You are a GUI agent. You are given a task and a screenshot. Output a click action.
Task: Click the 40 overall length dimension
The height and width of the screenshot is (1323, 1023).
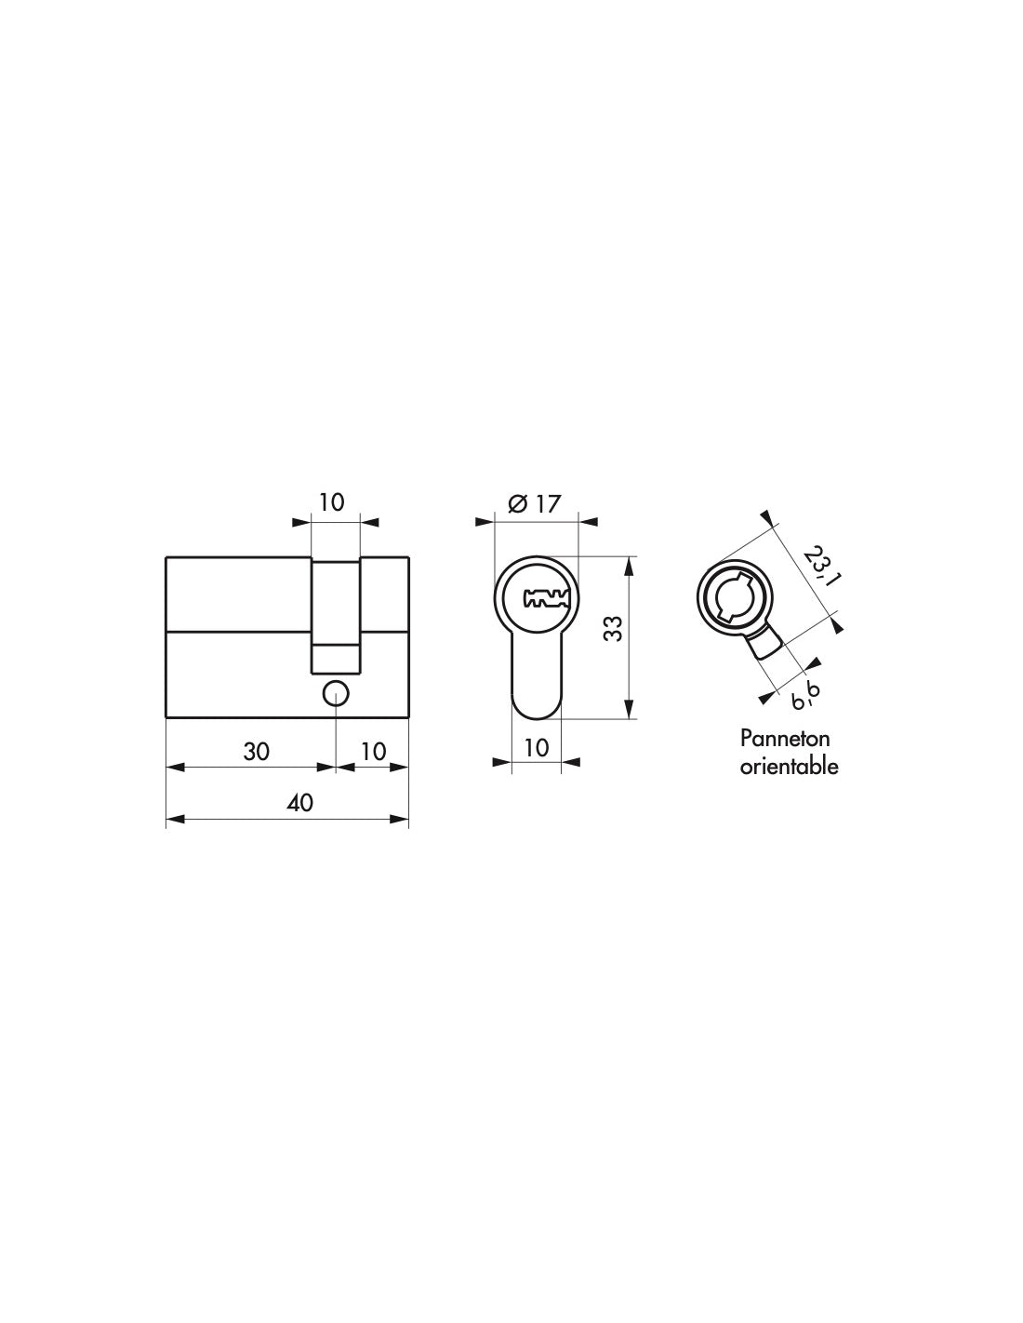tap(300, 802)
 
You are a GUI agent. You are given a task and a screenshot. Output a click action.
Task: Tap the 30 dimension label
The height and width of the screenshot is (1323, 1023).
tap(256, 752)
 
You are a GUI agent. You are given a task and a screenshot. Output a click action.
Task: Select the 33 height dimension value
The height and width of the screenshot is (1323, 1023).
tap(616, 628)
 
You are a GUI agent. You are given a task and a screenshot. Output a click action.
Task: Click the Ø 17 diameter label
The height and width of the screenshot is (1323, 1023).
tap(533, 503)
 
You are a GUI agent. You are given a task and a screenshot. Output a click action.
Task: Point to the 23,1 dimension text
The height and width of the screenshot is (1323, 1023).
tap(818, 566)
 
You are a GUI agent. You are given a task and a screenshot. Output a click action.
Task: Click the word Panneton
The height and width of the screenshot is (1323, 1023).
tap(784, 739)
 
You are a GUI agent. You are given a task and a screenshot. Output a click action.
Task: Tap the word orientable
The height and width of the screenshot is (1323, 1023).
tap(789, 766)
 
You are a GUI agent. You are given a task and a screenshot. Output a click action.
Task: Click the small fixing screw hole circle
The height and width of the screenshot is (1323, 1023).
tap(336, 693)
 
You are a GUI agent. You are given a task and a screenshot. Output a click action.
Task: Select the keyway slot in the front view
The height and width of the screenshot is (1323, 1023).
tap(547, 598)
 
